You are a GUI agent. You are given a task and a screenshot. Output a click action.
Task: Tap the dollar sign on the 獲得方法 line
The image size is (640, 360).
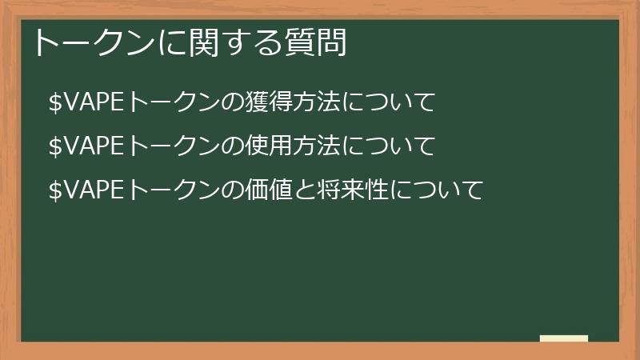click(55, 103)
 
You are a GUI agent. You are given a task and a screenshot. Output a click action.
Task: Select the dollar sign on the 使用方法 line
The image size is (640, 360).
click(55, 147)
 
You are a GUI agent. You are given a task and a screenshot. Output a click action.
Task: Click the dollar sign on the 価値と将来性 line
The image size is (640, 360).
click(55, 191)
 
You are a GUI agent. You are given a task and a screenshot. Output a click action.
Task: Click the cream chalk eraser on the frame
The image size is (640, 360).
click(564, 339)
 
